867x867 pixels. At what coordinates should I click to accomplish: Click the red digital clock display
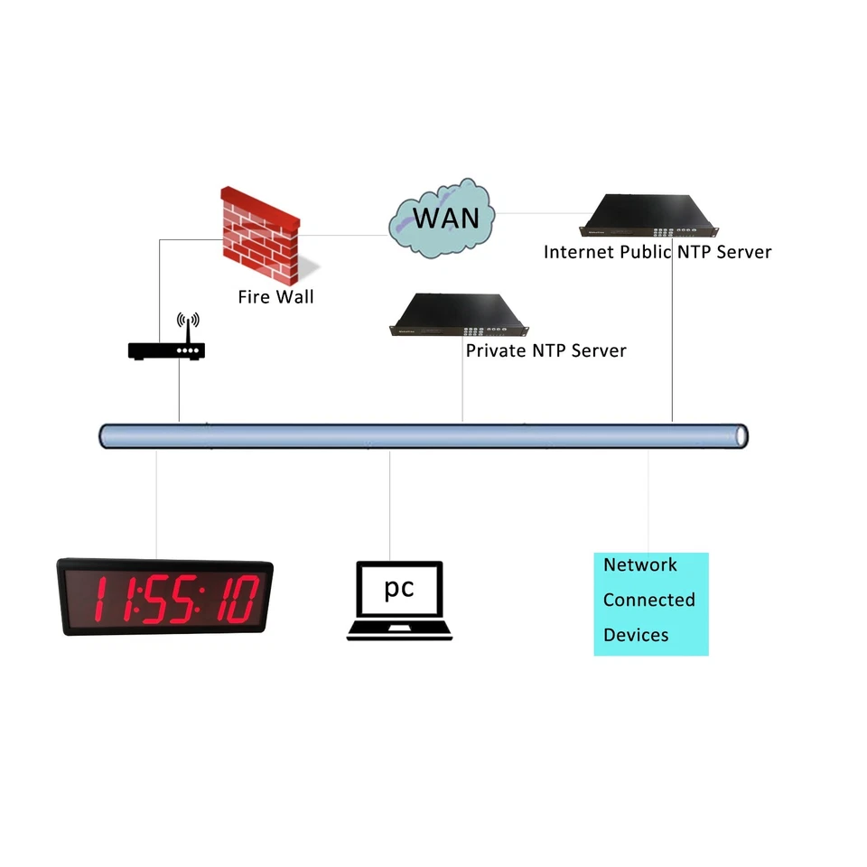(165, 597)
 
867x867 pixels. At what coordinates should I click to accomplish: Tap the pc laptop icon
(399, 601)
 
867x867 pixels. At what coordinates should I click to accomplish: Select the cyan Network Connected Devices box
(650, 603)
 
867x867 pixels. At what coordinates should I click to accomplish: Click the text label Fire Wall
(275, 296)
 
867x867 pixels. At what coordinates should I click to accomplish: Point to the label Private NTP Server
(545, 350)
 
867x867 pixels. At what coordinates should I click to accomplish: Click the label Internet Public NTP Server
(657, 252)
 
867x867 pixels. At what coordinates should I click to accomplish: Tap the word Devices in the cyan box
(636, 635)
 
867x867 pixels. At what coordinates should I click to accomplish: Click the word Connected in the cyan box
(648, 600)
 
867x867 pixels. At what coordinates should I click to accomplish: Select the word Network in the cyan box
(639, 565)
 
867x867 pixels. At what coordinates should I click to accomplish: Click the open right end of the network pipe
(741, 435)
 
